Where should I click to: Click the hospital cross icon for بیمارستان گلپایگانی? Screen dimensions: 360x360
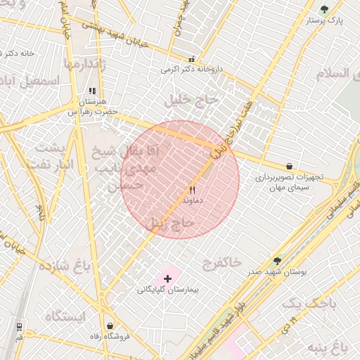pos(167,278)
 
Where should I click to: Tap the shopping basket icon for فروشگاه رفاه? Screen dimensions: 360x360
pos(110,326)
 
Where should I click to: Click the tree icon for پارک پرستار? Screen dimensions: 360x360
pos(323,9)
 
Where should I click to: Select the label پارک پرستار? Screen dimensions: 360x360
pos(324,20)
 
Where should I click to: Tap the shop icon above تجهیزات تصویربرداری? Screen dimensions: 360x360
pos(290,166)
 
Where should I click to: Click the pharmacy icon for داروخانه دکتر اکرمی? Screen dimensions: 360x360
pos(191,59)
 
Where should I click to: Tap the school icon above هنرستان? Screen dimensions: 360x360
pos(92,91)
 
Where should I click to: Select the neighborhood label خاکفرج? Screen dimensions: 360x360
pos(222,264)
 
